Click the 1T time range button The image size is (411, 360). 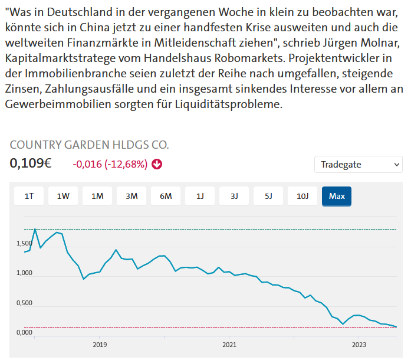[29, 196]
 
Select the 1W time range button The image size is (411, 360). [63, 196]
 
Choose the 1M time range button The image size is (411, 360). [97, 196]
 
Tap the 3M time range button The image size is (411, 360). [131, 196]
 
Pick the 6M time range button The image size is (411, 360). [166, 196]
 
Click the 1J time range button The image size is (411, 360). [200, 196]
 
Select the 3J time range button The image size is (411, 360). [234, 196]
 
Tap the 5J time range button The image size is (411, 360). [268, 196]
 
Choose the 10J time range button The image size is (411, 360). [303, 196]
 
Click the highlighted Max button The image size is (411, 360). [337, 196]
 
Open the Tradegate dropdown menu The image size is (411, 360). [359, 164]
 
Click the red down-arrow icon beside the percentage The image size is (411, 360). [157, 164]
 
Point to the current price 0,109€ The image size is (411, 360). [31, 163]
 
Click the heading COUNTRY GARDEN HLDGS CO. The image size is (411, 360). [89, 145]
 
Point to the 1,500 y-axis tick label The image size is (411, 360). [24, 244]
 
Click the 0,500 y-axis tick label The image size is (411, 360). [24, 303]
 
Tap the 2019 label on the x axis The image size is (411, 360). [99, 345]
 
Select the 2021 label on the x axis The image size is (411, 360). [229, 345]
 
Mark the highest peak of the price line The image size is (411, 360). [35, 229]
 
